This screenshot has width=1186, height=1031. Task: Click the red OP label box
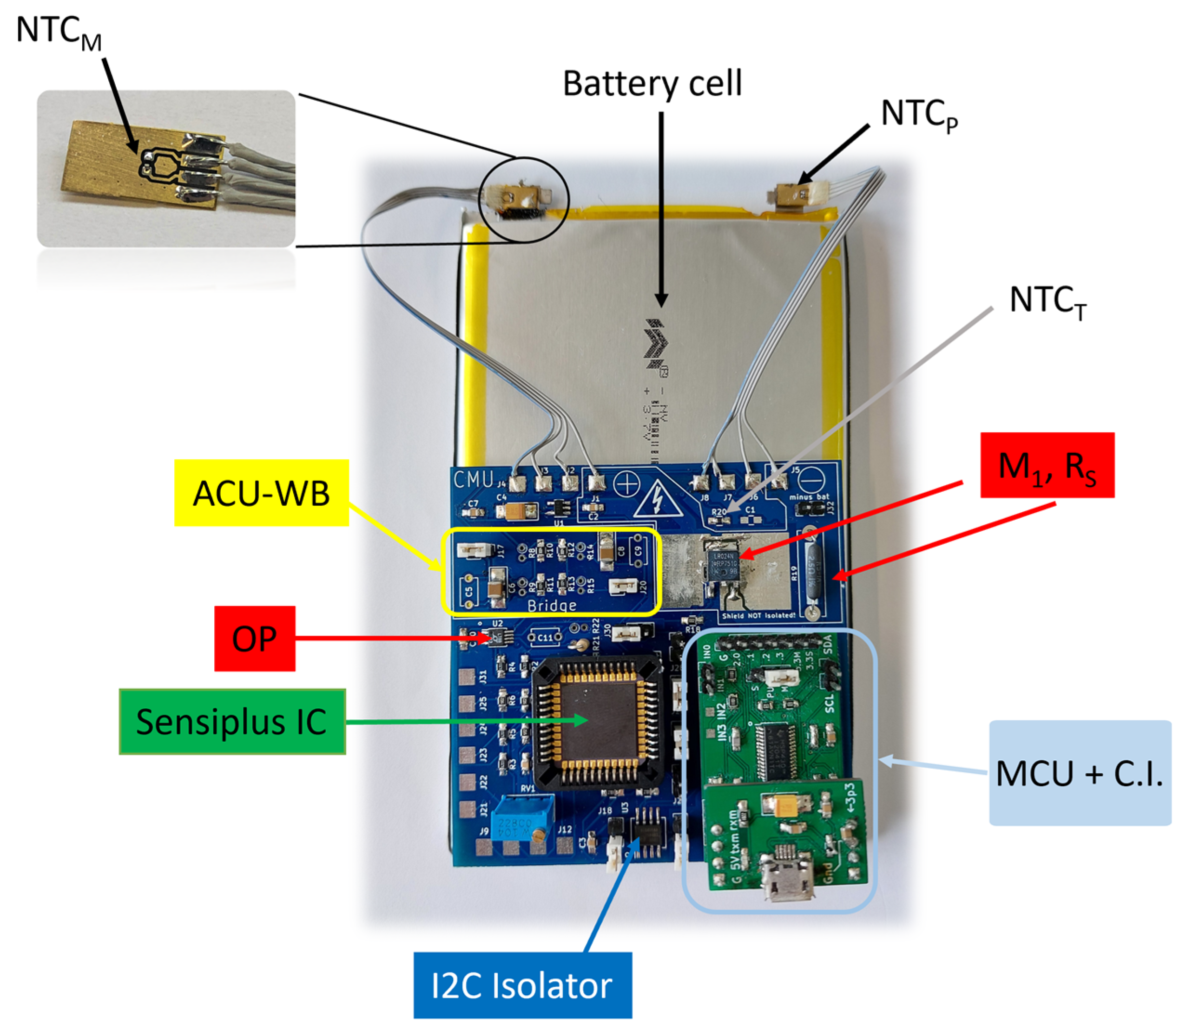pos(255,638)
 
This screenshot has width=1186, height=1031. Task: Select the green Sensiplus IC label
pos(232,722)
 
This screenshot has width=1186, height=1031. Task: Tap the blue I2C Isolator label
pos(522,985)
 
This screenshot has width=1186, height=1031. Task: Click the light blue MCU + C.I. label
pos(1080,773)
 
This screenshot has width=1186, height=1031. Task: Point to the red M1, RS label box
pos(1047,465)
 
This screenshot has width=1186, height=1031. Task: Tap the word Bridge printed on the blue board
pos(551,605)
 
